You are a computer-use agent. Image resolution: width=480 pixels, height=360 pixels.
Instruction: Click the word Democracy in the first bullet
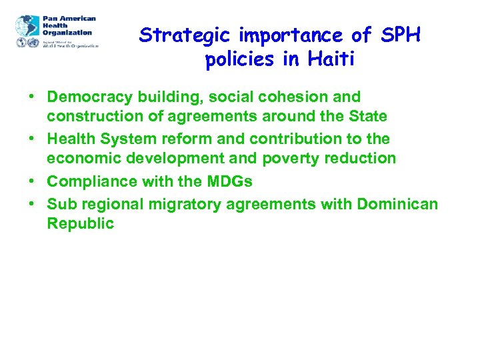click(x=86, y=97)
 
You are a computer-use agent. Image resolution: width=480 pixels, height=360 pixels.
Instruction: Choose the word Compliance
click(x=87, y=181)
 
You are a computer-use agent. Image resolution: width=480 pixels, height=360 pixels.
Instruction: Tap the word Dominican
click(x=397, y=203)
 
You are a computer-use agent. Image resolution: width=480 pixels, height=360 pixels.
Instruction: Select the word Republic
click(x=81, y=223)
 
